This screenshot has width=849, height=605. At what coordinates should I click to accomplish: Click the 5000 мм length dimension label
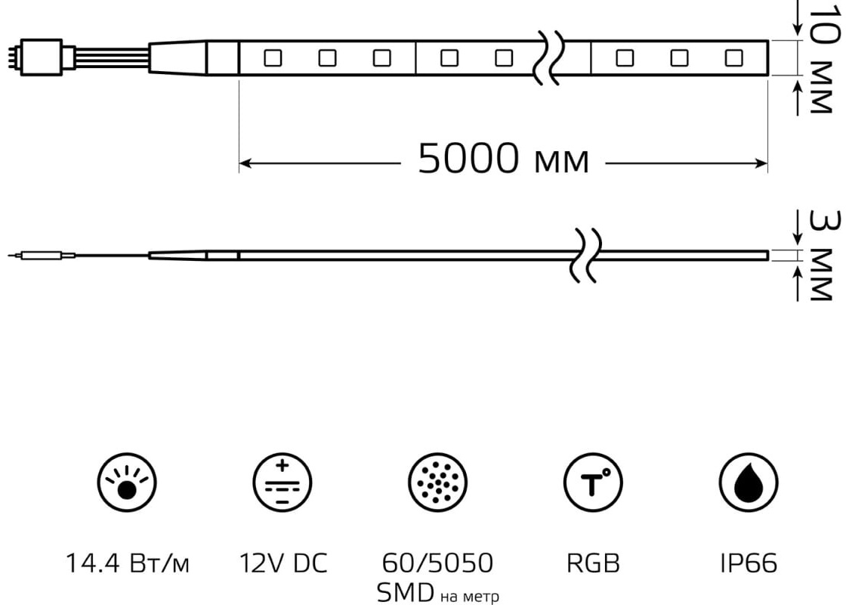(503, 159)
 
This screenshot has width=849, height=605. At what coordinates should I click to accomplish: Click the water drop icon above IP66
(749, 482)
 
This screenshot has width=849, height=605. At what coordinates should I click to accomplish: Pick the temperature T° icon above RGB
(593, 482)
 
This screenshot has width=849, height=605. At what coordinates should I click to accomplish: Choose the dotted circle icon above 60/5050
(437, 482)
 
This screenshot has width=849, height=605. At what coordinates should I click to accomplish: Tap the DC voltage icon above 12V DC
(282, 482)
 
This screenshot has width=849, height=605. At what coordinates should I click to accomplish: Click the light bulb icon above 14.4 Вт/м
(127, 482)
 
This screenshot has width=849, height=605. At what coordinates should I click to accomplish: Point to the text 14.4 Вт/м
(127, 563)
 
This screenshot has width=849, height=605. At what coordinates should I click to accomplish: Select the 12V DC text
(283, 563)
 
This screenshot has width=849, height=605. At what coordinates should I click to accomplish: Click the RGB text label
(593, 563)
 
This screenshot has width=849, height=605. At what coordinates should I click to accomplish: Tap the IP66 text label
(749, 563)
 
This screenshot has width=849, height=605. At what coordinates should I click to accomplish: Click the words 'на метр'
(469, 597)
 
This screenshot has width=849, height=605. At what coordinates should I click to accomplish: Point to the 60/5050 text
(437, 563)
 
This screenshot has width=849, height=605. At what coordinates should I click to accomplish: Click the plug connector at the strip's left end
(41, 57)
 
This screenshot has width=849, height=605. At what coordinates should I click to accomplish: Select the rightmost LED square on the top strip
(733, 57)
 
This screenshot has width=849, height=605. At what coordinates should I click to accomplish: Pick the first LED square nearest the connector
(273, 57)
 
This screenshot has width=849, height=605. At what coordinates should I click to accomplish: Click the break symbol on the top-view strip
(549, 57)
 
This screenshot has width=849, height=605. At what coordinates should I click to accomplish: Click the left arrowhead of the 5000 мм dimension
(244, 163)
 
